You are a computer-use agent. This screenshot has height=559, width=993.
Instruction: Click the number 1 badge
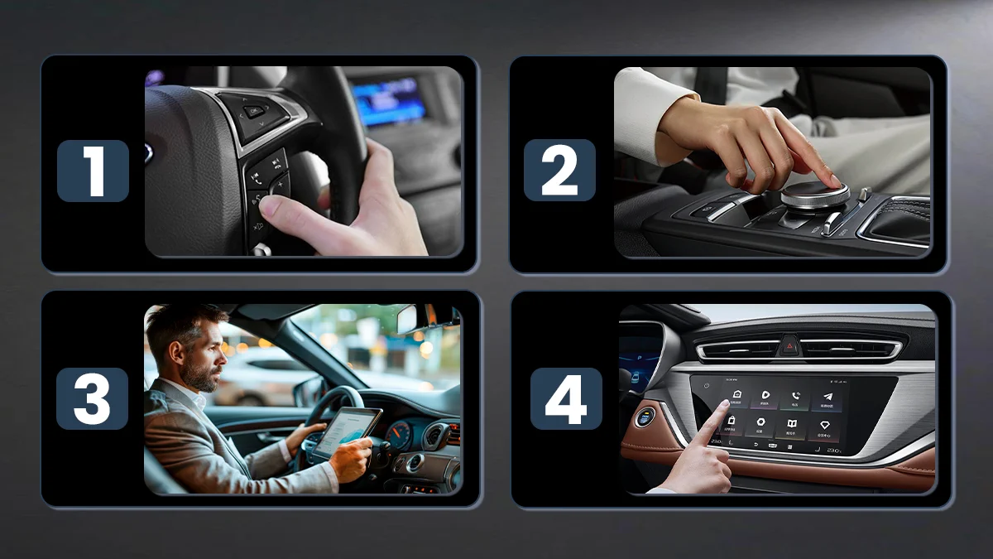93,171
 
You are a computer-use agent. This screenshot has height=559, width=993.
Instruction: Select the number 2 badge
559,171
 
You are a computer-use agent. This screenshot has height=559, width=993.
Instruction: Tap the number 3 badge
92,398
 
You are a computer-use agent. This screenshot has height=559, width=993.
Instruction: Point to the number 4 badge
566,398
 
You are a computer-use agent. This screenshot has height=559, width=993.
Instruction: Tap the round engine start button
645,417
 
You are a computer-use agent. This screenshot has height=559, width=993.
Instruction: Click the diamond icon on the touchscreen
825,425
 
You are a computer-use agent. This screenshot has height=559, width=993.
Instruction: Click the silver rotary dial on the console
815,195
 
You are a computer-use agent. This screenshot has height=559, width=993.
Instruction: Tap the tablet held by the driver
348,431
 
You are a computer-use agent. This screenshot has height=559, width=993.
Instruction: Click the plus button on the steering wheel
278,182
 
